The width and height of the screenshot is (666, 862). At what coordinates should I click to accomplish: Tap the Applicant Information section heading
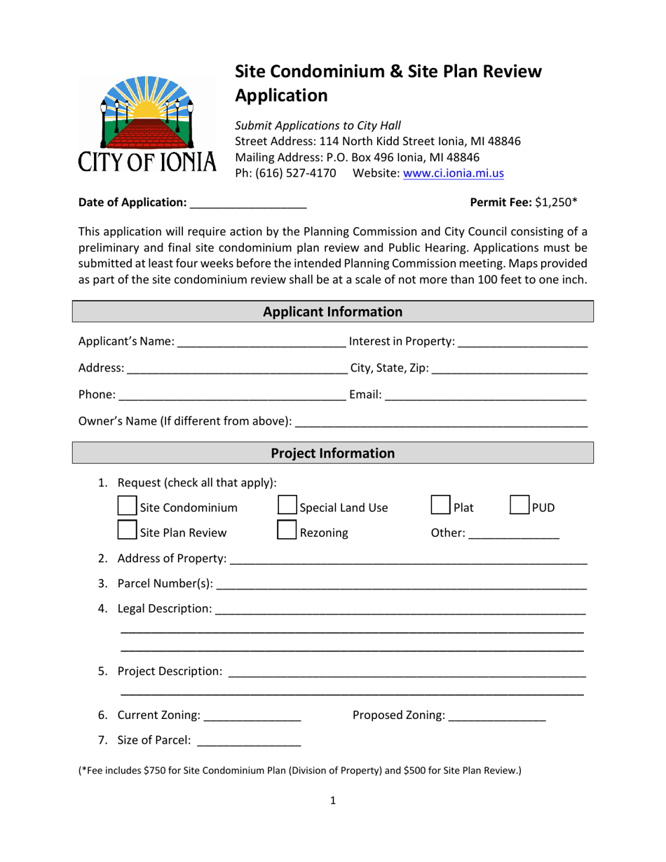[333, 311]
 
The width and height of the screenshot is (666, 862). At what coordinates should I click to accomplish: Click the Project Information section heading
[333, 453]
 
